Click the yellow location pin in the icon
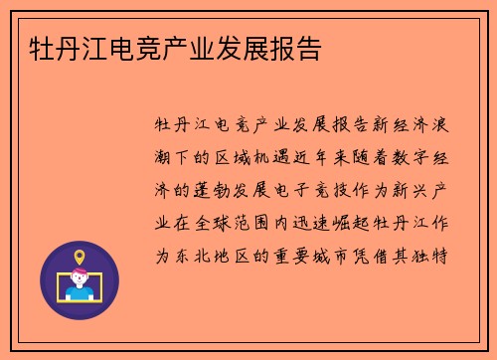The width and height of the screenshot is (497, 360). click(x=80, y=258)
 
